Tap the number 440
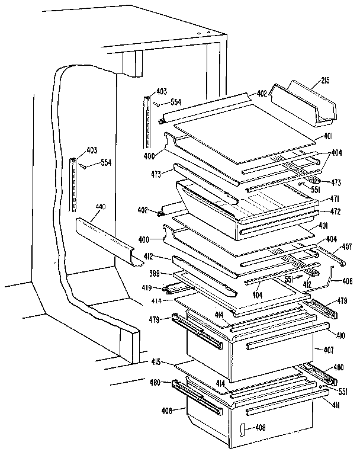[100, 207]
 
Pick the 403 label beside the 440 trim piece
[76, 151]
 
